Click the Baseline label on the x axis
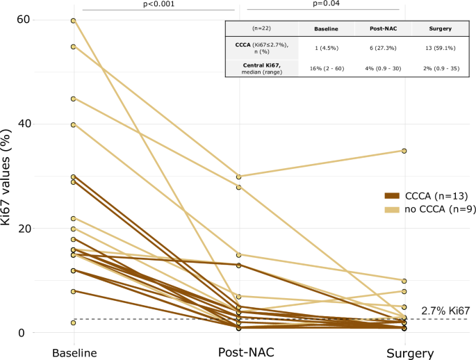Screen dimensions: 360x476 [x=74, y=352]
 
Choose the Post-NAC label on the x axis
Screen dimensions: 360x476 [x=238, y=352]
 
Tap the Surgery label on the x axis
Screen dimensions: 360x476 [x=404, y=352]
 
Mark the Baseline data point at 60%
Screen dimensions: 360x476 [x=73, y=21]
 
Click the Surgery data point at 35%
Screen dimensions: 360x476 [x=404, y=151]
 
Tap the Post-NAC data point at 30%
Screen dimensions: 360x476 [x=238, y=177]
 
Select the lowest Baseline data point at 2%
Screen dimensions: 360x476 [x=73, y=322]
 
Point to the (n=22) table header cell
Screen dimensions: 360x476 [x=261, y=30]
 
